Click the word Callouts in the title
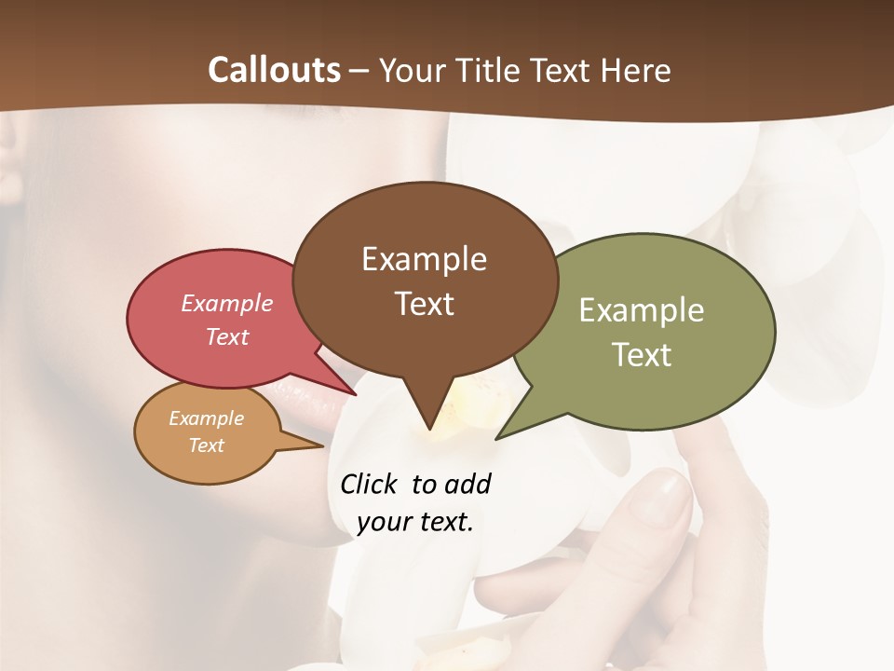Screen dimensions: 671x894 pos(274,70)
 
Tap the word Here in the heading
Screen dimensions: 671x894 pos(636,70)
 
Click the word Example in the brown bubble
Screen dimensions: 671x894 pos(424,259)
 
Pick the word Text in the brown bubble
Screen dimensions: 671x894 pos(424,304)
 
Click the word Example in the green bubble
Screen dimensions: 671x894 pos(641,310)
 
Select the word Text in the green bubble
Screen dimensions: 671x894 pos(641,355)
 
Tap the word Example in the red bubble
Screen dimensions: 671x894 pos(227,304)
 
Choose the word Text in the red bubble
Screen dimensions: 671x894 pos(227,336)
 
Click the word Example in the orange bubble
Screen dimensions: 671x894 pos(207,418)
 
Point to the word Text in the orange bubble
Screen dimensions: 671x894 pos(207,445)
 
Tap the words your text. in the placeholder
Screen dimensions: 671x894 pos(415,523)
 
